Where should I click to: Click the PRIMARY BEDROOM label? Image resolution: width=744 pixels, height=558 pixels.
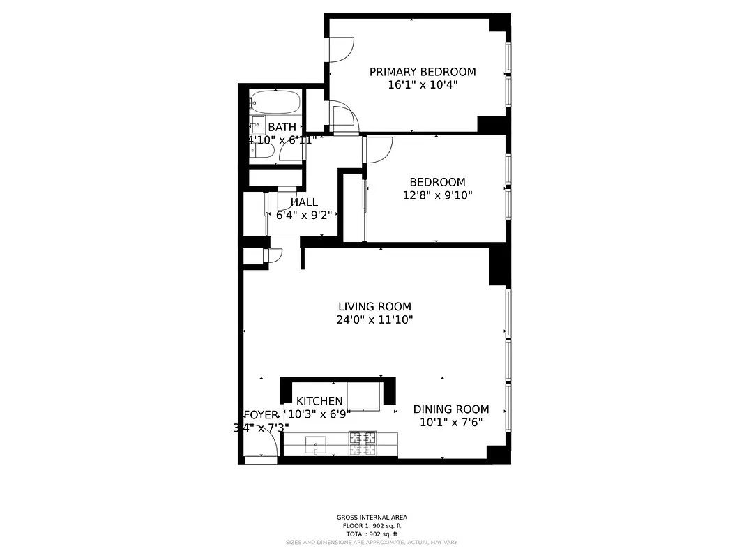pos(423,72)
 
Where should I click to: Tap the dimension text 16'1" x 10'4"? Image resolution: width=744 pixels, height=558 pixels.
pos(423,85)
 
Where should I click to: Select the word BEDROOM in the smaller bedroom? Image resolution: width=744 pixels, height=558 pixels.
pos(437,182)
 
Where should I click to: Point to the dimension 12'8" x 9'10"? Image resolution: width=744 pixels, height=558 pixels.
pos(437,195)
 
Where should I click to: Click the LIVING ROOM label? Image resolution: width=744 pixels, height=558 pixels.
pos(374,306)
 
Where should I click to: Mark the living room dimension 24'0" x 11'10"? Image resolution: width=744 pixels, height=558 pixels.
pos(374,320)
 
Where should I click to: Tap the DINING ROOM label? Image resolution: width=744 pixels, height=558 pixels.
pos(450,409)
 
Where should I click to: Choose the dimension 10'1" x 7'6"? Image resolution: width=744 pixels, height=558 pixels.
pos(450,423)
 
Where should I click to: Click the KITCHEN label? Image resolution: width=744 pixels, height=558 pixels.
pos(319,401)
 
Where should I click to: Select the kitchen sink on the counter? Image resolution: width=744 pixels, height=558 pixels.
pos(316,442)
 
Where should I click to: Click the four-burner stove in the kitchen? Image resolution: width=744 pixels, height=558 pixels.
pos(362,442)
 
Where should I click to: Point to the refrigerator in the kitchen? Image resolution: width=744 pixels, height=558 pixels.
pos(364,395)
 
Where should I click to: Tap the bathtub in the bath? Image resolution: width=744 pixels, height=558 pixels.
pos(275,103)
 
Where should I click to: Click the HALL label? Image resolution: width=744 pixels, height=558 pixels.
pos(304,202)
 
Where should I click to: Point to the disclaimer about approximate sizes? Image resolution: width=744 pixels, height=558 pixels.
pos(372,542)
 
